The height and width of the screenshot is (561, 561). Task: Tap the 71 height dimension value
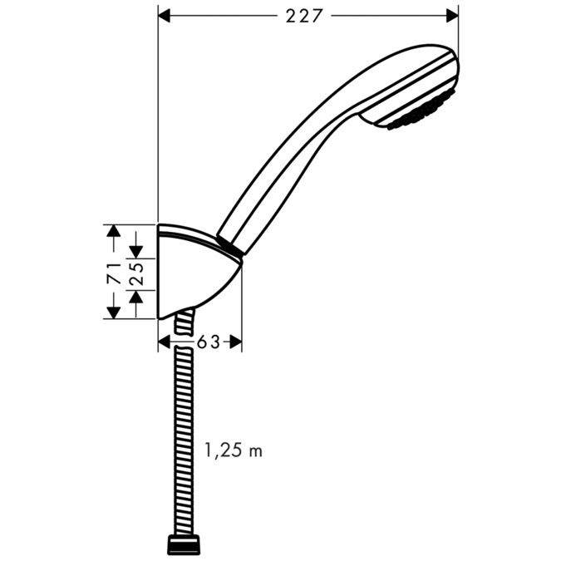tap(113, 270)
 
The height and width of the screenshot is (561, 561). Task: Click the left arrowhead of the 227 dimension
tap(165, 16)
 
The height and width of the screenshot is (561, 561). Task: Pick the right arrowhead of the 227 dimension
tap(452, 16)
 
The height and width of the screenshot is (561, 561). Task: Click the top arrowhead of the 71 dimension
tap(113, 230)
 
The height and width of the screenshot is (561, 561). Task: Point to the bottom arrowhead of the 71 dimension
tap(113, 311)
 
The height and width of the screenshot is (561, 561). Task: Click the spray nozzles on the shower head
tap(420, 112)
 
